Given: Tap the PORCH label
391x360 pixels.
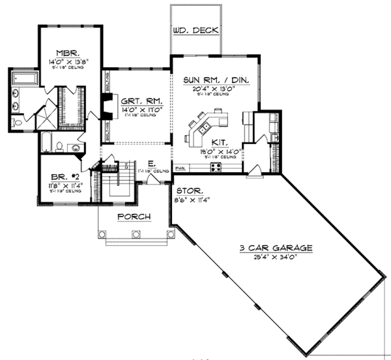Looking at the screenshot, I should pyautogui.click(x=134, y=217).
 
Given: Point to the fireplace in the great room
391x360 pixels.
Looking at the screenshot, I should pyautogui.click(x=104, y=104).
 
